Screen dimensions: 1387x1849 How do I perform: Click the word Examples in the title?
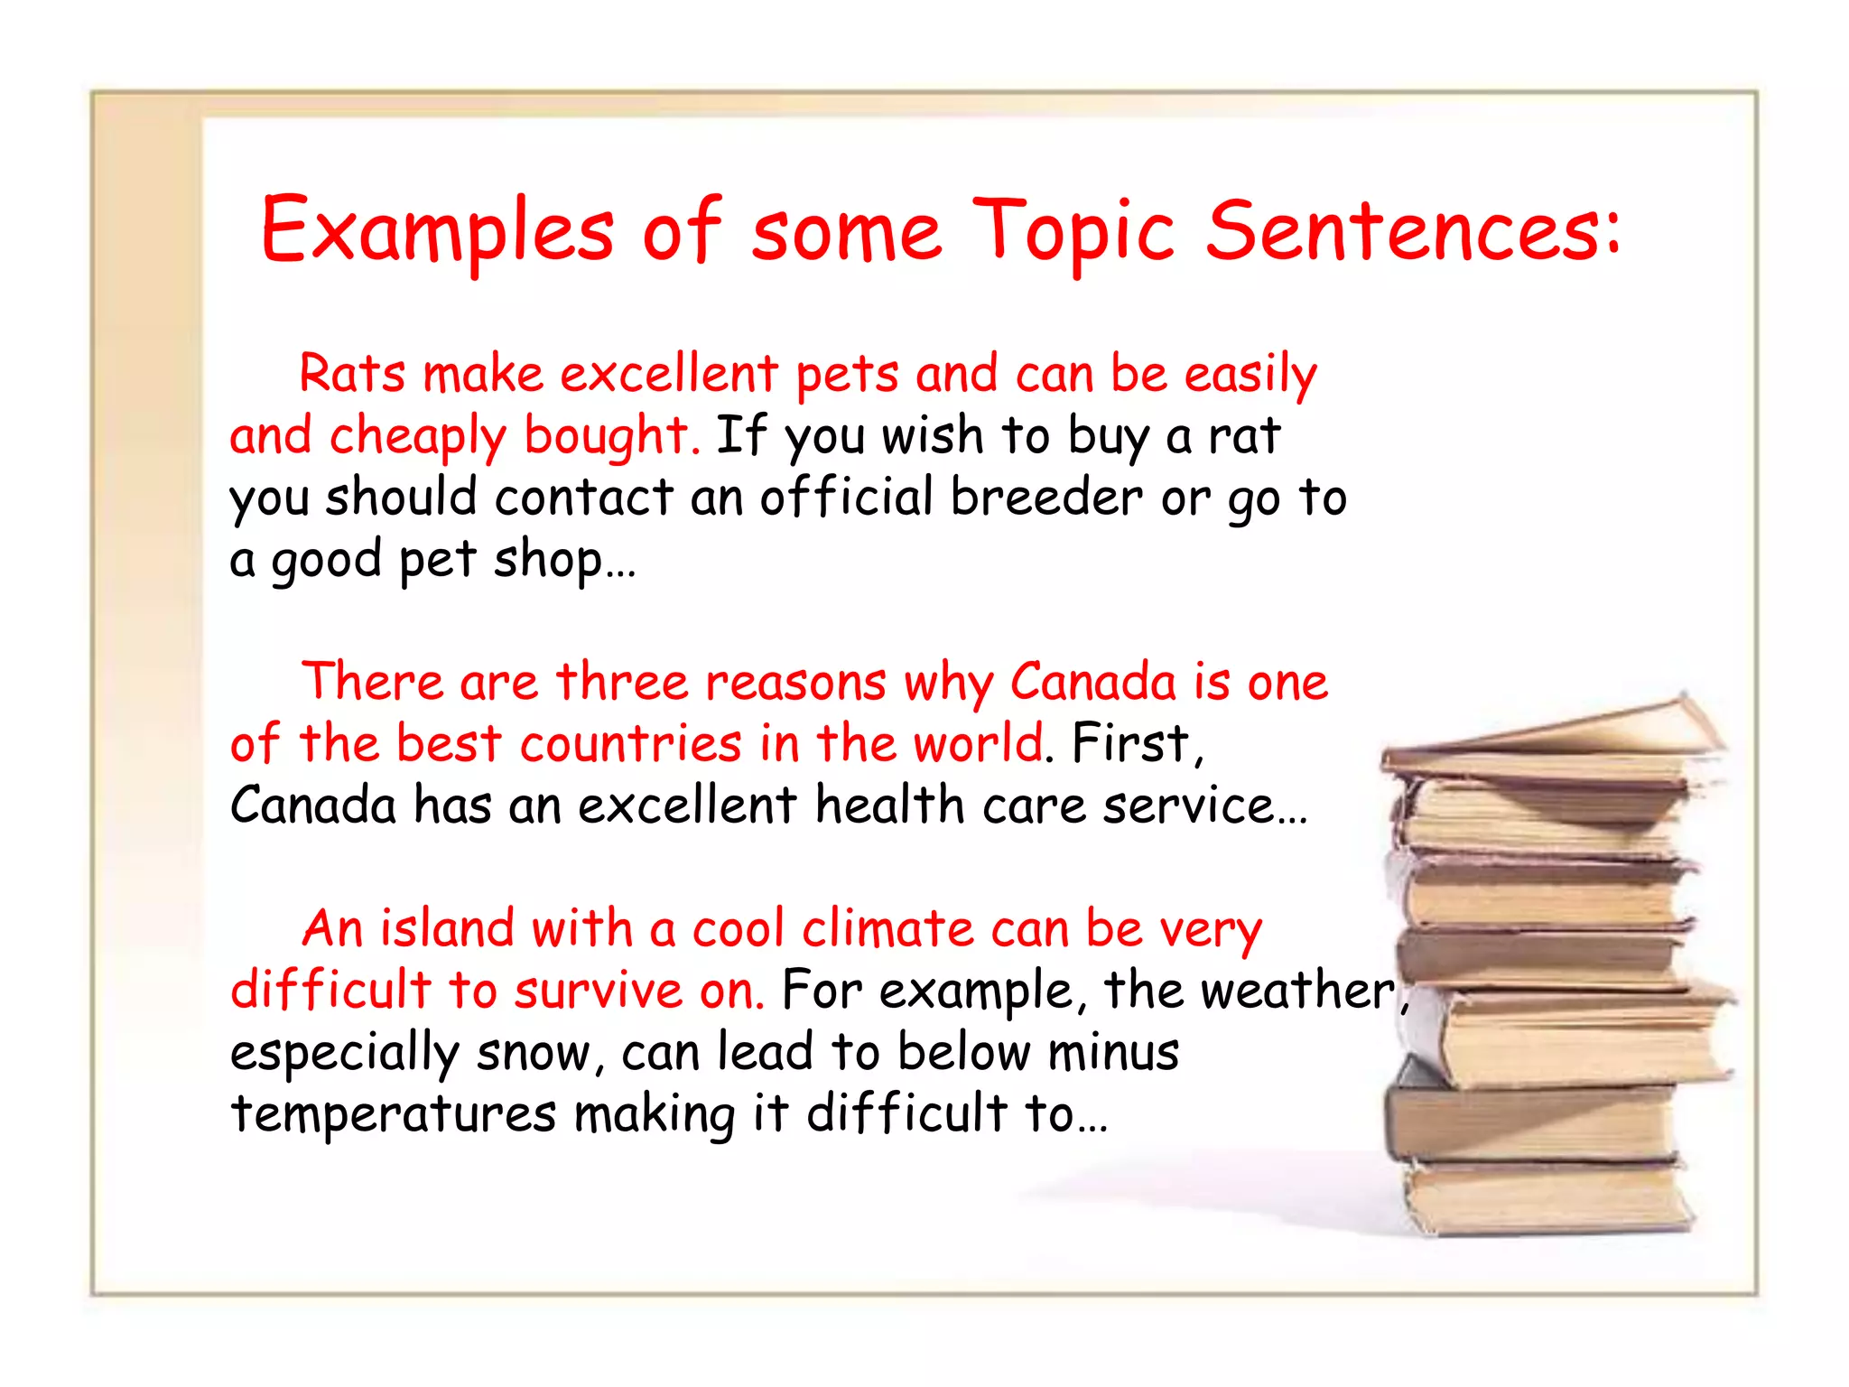point(437,231)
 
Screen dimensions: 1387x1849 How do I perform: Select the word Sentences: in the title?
point(1413,231)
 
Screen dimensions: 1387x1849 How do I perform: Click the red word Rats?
point(352,374)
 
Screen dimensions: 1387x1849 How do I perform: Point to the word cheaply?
point(418,437)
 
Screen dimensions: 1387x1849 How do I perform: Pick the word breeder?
point(1046,498)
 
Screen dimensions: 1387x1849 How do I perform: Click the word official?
point(846,498)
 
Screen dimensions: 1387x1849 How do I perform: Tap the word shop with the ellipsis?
point(564,560)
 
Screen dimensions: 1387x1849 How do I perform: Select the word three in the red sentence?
point(622,682)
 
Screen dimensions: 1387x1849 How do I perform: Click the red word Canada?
point(1092,682)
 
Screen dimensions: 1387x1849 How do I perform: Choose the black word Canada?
point(313,805)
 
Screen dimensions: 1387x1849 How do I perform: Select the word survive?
point(599,991)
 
